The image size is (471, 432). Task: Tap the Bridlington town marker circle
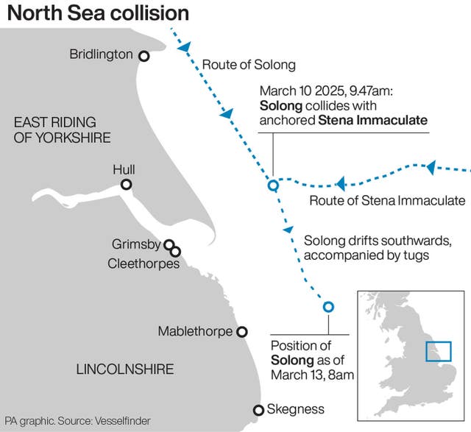pyautogui.click(x=144, y=56)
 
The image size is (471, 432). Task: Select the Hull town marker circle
pyautogui.click(x=127, y=185)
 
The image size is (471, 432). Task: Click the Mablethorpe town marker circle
pyautogui.click(x=241, y=332)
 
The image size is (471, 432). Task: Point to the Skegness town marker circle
pyautogui.click(x=258, y=410)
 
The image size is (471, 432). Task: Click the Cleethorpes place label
pyautogui.click(x=144, y=263)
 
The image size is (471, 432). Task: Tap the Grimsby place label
pyautogui.click(x=135, y=244)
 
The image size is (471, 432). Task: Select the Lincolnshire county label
pyautogui.click(x=125, y=369)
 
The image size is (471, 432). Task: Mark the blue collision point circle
pyautogui.click(x=273, y=185)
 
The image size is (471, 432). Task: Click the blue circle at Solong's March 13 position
pyautogui.click(x=328, y=308)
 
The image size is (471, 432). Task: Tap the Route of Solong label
pyautogui.click(x=248, y=65)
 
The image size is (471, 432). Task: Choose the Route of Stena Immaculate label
pyautogui.click(x=387, y=201)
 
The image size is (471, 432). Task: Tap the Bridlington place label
pyautogui.click(x=101, y=54)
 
